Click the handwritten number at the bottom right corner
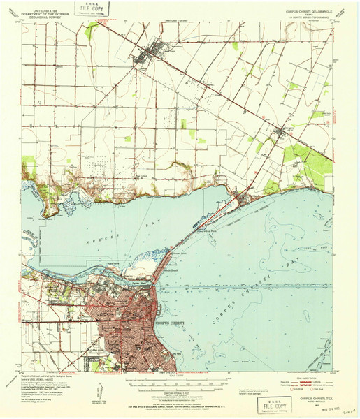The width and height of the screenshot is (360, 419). [347, 413]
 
